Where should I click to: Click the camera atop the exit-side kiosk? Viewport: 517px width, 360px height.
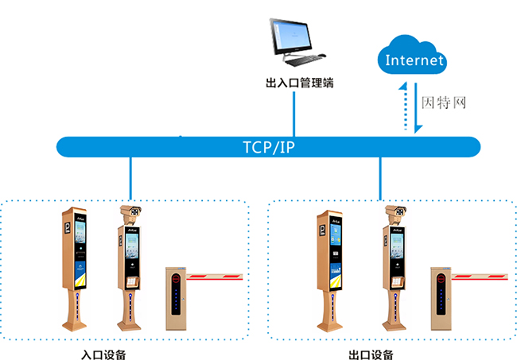(x=395, y=211)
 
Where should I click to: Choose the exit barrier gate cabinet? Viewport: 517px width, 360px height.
(x=441, y=299)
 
